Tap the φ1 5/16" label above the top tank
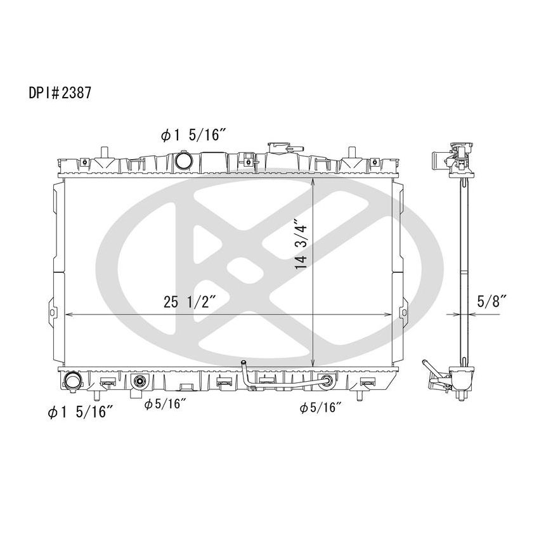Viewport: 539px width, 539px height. pyautogui.click(x=195, y=135)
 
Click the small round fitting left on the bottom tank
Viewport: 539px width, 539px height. pyautogui.click(x=140, y=382)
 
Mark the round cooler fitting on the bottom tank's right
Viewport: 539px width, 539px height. pyautogui.click(x=327, y=382)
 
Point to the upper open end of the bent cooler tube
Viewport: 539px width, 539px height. pyautogui.click(x=243, y=363)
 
